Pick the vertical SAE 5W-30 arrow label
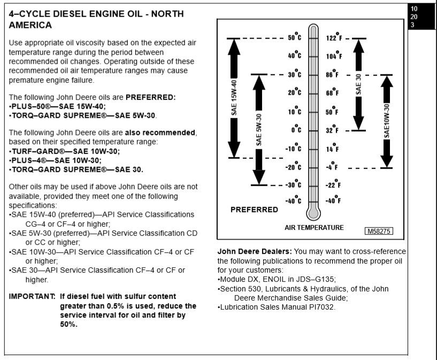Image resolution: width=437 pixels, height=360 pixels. pyautogui.click(x=259, y=129)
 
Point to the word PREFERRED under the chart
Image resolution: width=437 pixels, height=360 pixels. pyautogui.click(x=254, y=210)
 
